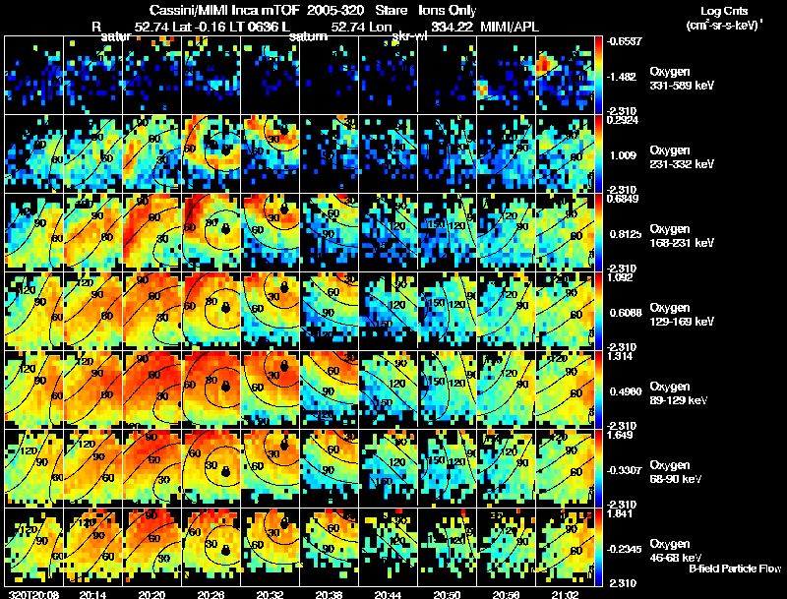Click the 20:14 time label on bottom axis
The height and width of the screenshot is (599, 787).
click(x=93, y=593)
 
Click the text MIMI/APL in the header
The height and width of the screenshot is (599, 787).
click(x=514, y=27)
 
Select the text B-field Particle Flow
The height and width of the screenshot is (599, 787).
click(x=734, y=569)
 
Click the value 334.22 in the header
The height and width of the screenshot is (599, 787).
click(x=449, y=27)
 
